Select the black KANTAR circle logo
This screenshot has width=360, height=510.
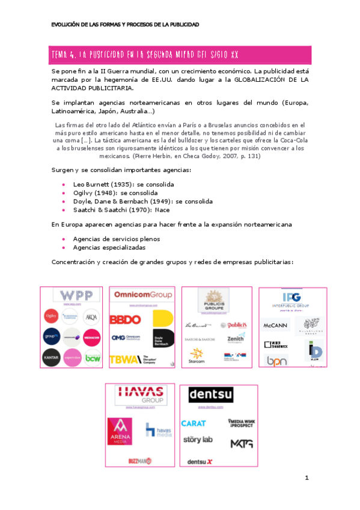pos(51,358)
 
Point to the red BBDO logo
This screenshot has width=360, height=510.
pos(125,320)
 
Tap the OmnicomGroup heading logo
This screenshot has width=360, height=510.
pos(142,295)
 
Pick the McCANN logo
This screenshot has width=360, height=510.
pos(276,325)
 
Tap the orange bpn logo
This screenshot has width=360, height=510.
pos(276,361)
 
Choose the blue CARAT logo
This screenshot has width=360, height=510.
pos(194,423)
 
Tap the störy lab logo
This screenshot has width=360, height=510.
pos(197,440)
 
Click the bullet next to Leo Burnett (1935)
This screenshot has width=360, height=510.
pos(64,183)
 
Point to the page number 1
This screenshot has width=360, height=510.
pos(307,478)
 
